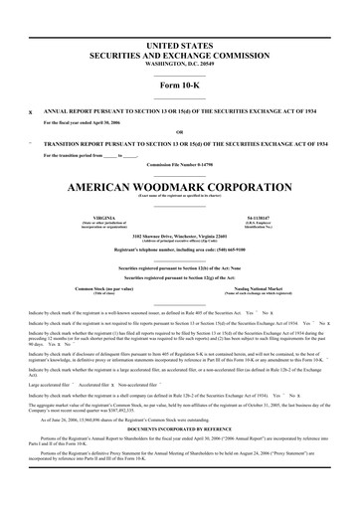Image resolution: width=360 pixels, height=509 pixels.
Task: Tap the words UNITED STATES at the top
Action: click(x=179, y=46)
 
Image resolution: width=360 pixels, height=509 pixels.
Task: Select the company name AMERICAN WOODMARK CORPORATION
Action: click(x=179, y=186)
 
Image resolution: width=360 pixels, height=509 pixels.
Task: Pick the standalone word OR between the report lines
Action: click(x=179, y=131)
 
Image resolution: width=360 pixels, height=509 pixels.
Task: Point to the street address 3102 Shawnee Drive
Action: click(x=149, y=235)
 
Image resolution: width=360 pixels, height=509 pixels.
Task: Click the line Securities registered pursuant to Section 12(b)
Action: click(x=179, y=268)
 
